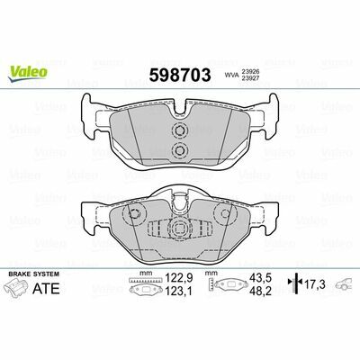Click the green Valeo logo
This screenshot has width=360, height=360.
coord(28,73)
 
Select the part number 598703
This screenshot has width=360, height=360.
coord(180,75)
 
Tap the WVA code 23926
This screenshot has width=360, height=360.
coord(250,72)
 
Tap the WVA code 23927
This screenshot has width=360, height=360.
coord(250,78)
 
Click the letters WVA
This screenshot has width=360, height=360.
coord(232,76)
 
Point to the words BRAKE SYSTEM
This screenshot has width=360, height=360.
coord(34,274)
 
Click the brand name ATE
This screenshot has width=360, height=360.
coord(46,288)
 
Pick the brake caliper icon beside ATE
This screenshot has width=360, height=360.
coord(17,287)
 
